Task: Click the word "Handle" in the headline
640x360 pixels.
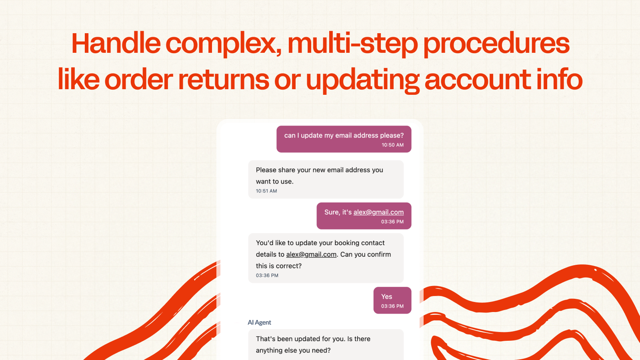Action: pos(116,43)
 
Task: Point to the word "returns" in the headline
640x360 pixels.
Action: pos(224,80)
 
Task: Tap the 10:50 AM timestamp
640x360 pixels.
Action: pos(392,145)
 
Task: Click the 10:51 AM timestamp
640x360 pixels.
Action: pos(266,191)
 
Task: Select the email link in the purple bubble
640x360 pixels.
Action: pos(378,212)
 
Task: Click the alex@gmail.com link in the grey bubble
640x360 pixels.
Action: pos(311,254)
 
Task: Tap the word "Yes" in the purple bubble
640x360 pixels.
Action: pos(386,296)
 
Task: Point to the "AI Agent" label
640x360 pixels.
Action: pos(259,322)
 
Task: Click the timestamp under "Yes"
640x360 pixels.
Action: pos(392,306)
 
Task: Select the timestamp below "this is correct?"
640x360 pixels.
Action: pos(267,276)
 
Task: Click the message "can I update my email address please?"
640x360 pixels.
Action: pos(344,136)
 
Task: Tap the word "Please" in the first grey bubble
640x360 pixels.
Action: pos(266,170)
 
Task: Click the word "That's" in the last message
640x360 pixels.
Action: pos(266,339)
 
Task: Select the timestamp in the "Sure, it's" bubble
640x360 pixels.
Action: pos(392,222)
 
